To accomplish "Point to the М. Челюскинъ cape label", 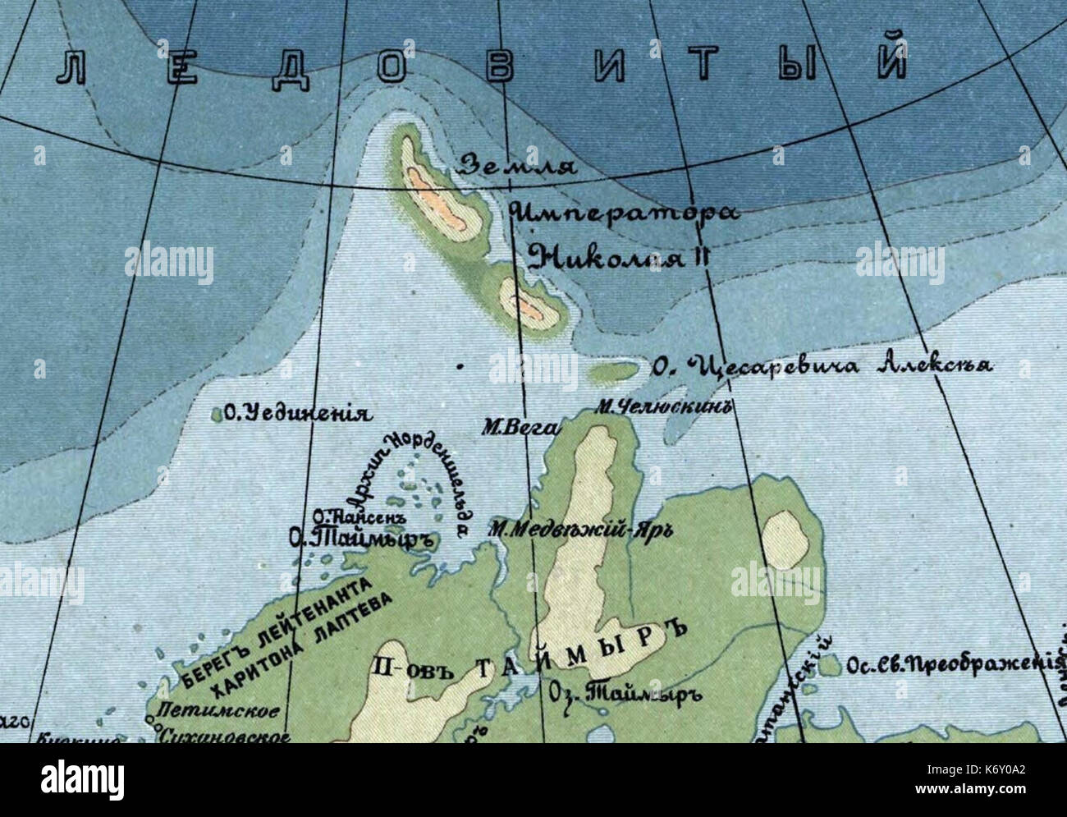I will click(x=663, y=406).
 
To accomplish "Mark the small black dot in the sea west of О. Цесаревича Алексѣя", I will click(x=460, y=366).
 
